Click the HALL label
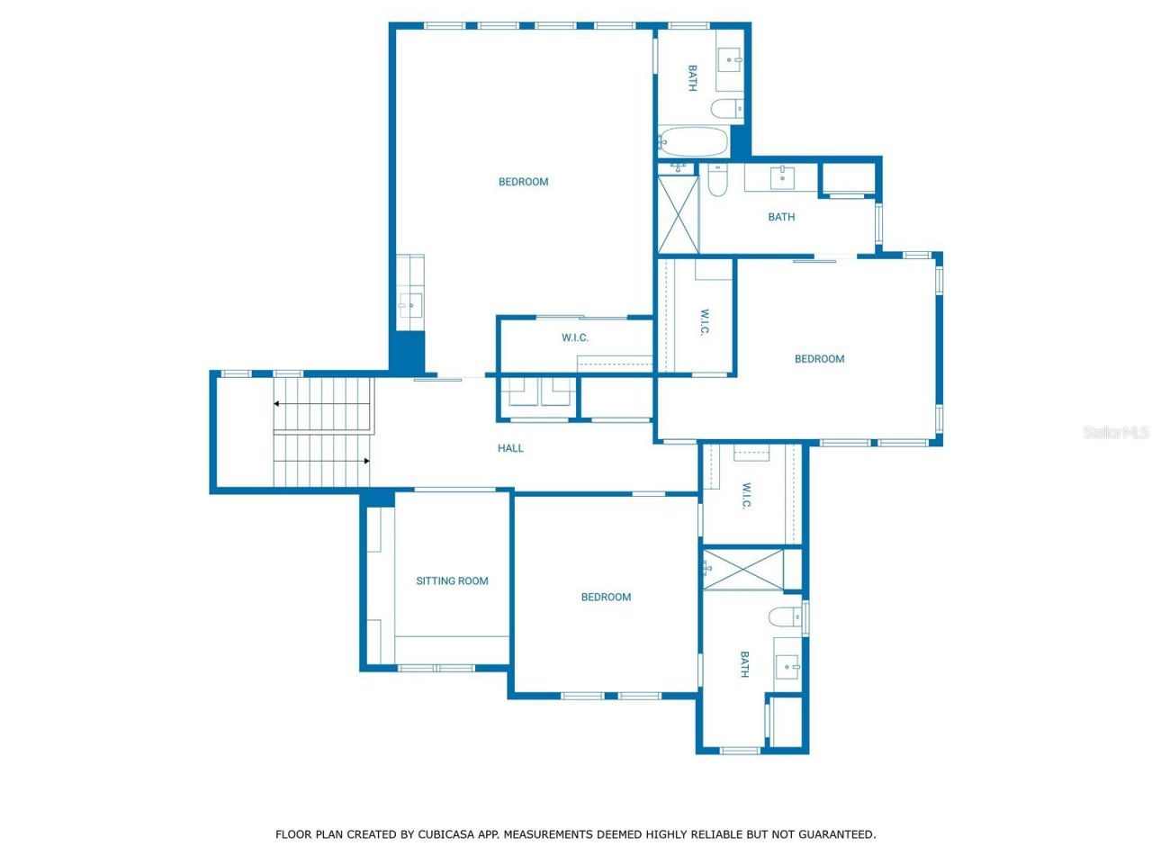[510, 448]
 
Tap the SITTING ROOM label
[452, 581]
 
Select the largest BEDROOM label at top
[523, 182]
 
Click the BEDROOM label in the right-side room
[819, 359]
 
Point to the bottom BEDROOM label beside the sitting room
[606, 598]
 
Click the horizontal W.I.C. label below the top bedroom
[575, 338]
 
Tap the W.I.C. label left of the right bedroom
[705, 322]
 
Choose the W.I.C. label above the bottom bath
[746, 495]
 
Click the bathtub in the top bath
[693, 141]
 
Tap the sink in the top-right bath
[730, 60]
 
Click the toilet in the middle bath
[717, 181]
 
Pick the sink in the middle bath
[781, 177]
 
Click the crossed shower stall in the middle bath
[679, 214]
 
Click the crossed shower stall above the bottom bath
[743, 570]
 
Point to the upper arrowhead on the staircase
[277, 404]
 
